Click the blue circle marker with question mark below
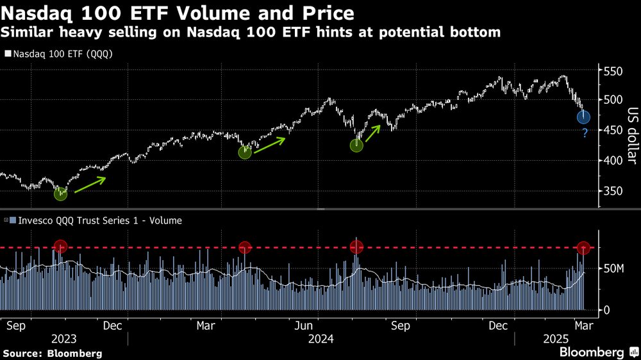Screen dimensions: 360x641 click(583, 117)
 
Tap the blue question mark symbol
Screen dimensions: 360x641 click(585, 134)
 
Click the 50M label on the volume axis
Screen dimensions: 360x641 click(613, 268)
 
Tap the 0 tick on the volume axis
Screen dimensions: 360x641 click(606, 310)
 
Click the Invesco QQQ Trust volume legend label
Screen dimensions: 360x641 click(96, 220)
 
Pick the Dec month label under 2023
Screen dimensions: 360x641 click(113, 325)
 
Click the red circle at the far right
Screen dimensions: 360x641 click(583, 248)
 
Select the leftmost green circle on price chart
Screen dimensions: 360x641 click(60, 193)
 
